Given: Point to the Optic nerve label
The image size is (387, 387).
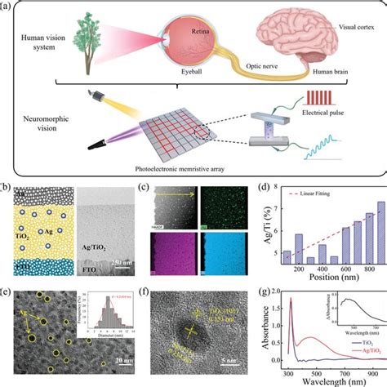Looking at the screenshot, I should (261, 69).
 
